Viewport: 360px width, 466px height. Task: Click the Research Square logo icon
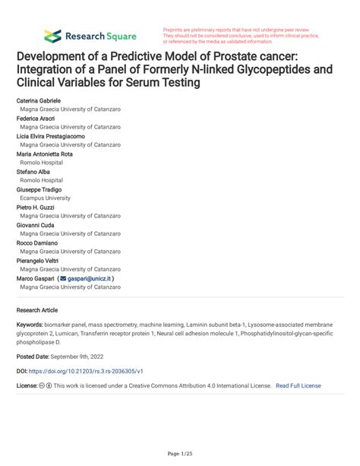click(x=52, y=36)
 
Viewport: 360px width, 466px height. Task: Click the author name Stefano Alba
click(x=34, y=172)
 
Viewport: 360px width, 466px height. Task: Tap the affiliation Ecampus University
click(x=46, y=198)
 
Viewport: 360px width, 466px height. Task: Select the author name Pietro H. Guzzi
click(x=36, y=207)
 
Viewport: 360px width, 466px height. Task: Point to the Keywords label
click(x=30, y=324)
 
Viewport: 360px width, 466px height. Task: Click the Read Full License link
click(x=298, y=385)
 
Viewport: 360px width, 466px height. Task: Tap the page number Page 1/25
click(x=179, y=454)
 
